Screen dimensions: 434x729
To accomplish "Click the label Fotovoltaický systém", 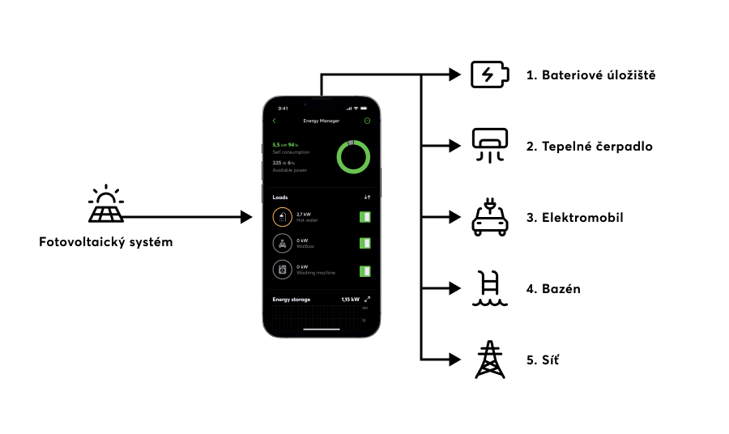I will pos(106,242).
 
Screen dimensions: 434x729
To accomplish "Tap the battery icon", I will pos(490,74).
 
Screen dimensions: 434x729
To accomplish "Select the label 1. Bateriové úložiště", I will pos(590,75).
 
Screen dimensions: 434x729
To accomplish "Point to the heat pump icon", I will pos(490,147).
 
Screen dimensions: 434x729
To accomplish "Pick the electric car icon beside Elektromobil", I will pos(490,218).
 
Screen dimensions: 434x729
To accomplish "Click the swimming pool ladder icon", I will pos(490,289).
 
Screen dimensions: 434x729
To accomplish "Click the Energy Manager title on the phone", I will pos(321,121).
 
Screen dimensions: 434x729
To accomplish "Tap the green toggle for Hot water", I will pos(365,217).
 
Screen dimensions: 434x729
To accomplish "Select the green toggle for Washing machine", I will pos(365,270).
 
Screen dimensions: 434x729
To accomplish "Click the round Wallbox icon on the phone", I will pos(282,244).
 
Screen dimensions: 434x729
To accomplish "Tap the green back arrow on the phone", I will pos(275,121).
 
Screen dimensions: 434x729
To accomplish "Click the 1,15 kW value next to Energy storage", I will pos(350,300).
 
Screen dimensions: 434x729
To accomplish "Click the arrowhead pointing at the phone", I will pos(248,217).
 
